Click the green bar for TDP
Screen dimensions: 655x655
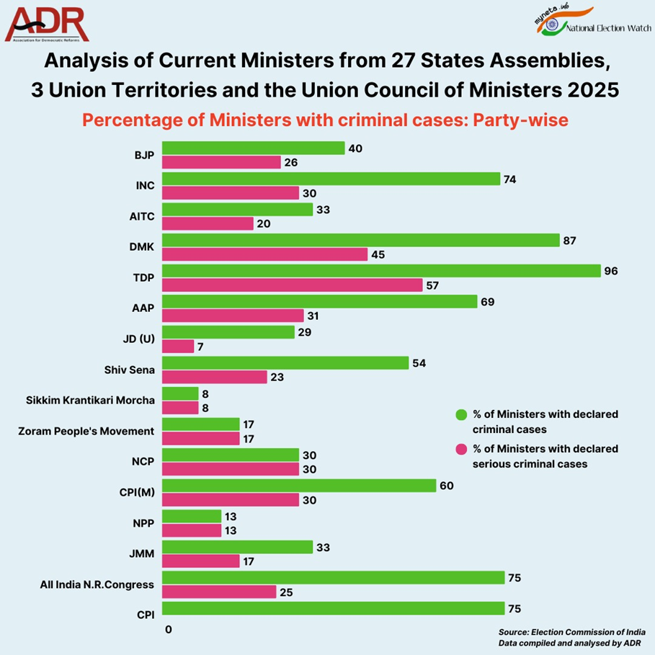[x=381, y=271]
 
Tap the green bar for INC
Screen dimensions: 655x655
[x=331, y=179]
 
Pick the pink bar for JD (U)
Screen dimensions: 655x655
[x=178, y=347]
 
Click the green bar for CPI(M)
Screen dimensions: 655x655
[x=299, y=486]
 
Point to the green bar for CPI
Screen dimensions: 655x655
[x=333, y=608]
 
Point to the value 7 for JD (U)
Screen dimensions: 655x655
[x=201, y=347]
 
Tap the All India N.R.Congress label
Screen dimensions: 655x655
[x=97, y=585]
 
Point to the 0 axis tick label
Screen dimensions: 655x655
[x=168, y=629]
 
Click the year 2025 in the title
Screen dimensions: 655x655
[x=592, y=92]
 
